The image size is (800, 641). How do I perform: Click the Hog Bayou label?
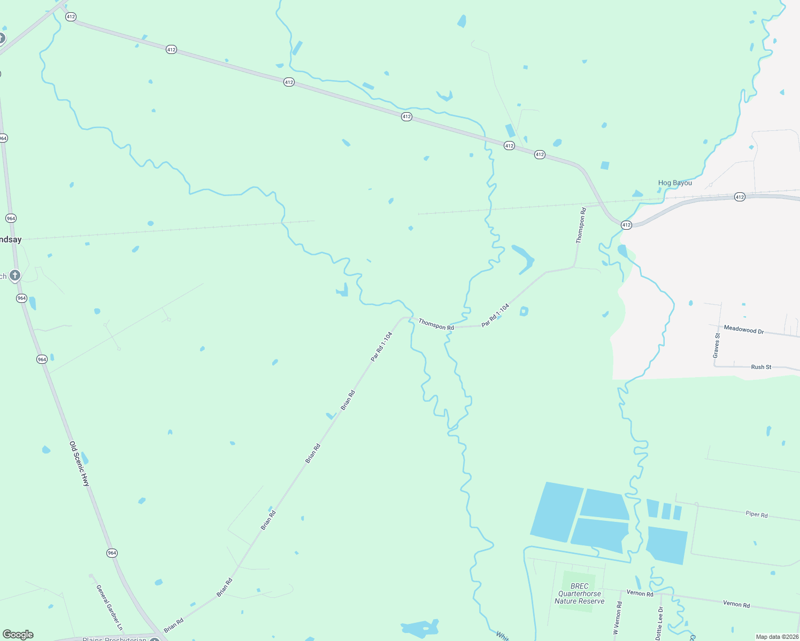(x=675, y=183)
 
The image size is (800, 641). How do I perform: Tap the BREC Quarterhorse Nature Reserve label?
(x=580, y=593)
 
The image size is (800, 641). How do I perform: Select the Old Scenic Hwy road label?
(x=80, y=463)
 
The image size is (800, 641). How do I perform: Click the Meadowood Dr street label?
(x=743, y=330)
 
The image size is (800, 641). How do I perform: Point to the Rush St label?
(x=761, y=367)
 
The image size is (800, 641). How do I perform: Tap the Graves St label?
(x=717, y=346)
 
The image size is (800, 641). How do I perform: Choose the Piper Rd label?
(x=757, y=514)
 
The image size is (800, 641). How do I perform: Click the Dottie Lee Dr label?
(x=660, y=623)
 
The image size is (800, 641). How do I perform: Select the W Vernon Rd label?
(x=618, y=618)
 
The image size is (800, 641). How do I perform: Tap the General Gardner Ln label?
(x=110, y=607)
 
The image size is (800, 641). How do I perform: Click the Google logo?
(x=18, y=635)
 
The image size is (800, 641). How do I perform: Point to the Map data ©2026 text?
(x=777, y=637)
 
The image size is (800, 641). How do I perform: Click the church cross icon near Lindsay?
(x=15, y=276)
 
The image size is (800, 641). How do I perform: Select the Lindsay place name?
(x=11, y=239)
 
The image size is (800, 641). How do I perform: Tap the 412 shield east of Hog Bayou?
(x=740, y=197)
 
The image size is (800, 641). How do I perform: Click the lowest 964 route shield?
(x=112, y=553)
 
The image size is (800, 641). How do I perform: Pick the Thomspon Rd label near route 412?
(x=581, y=225)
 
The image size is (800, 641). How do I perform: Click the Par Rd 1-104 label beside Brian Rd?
(x=382, y=346)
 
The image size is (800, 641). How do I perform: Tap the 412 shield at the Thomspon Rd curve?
(x=626, y=225)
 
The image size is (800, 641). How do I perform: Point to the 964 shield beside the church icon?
(x=21, y=298)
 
